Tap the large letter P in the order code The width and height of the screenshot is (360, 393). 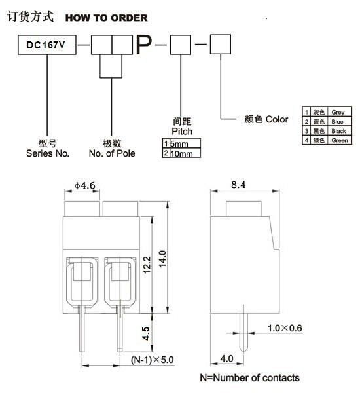coord(145,45)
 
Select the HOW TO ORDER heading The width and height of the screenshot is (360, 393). coord(106,18)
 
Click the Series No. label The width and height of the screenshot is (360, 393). coord(47,148)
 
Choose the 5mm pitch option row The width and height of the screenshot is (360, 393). coord(181,143)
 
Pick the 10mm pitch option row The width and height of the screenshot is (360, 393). coord(181,153)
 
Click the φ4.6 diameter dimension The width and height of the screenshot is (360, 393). coord(85,186)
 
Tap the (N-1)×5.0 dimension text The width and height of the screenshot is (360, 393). coord(153,360)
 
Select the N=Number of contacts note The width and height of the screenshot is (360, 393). coord(249,377)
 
